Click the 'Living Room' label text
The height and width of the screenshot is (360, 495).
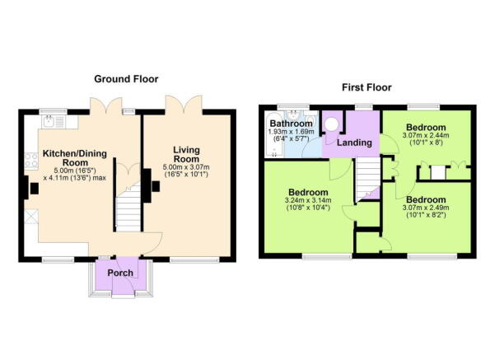pos(187,154)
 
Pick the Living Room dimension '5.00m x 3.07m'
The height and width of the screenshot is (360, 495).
pos(188,168)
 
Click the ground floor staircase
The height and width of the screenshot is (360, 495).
pos(128,209)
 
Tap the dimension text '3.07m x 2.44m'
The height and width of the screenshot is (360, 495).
pos(424,136)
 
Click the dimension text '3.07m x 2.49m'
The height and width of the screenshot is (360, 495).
pos(424,209)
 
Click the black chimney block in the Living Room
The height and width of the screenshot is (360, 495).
pos(154,188)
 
